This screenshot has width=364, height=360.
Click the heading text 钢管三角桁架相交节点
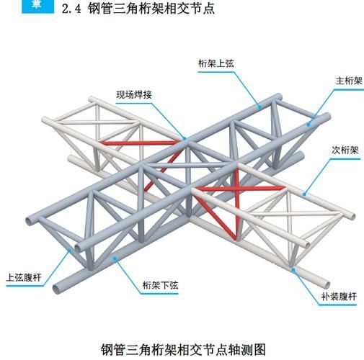coord(152,9)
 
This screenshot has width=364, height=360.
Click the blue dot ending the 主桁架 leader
coord(309,123)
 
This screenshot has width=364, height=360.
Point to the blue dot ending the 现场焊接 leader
coord(185,138)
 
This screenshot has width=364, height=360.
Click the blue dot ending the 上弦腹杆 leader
coord(71,249)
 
